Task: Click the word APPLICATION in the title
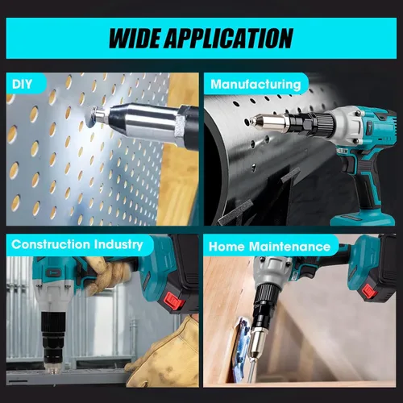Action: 228,38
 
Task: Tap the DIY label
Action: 22,85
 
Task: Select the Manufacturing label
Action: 256,85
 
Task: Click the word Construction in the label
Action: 51,244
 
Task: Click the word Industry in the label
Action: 118,245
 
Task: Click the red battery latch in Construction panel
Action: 174,301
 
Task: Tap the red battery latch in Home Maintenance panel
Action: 370,292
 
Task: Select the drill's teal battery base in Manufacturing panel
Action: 363,218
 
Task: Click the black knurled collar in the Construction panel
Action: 54,322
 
